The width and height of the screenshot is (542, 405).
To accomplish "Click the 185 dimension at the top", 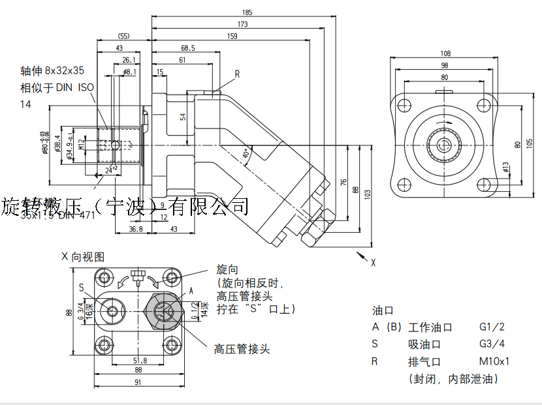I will coord(247,12).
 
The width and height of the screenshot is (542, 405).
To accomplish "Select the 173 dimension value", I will coord(243,24).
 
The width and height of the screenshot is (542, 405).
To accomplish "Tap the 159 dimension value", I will coord(232,37).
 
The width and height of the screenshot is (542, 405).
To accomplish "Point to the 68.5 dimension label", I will coord(188,48).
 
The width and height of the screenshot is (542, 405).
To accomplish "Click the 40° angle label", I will coord(247,154).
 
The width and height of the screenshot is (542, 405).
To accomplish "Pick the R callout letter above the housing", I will coord(237,74).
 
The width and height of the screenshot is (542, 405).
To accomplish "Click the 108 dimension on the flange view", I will coord(446,53).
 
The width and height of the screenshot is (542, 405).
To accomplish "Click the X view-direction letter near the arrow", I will coord(374,263).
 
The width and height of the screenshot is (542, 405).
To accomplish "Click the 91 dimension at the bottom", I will coord(138,383).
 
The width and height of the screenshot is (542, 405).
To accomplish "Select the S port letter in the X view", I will coord(81,287).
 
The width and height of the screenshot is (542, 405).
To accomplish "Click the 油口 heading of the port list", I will coord(381,310).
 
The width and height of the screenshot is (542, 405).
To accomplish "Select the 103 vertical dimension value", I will coord(368,194).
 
